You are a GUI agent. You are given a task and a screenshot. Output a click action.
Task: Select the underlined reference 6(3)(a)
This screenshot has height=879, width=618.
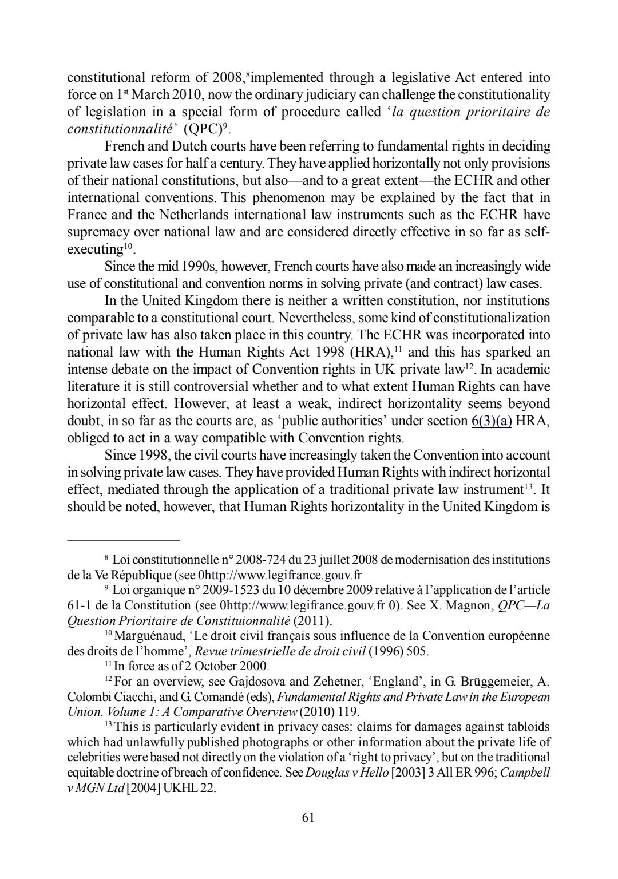pyautogui.click(x=491, y=421)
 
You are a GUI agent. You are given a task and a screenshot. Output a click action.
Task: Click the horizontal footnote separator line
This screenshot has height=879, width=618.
pyautogui.click(x=123, y=540)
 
